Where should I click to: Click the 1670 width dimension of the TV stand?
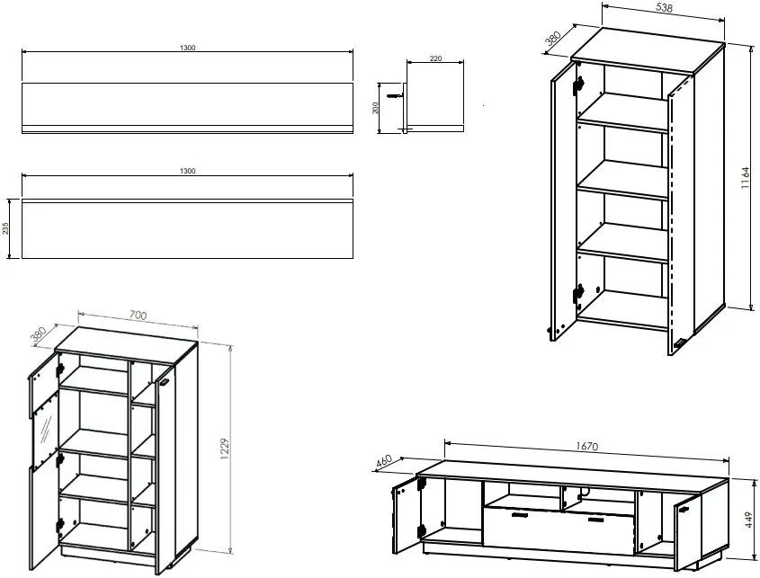587,446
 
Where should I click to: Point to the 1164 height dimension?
746,178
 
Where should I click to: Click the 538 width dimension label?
665,8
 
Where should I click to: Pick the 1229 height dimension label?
224,449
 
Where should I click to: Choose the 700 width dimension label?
139,316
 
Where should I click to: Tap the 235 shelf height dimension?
5,228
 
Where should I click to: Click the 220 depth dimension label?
435,58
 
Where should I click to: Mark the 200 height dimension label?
375,108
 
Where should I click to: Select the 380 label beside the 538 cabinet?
553,38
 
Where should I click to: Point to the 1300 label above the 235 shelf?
188,171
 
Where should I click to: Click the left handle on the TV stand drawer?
519,516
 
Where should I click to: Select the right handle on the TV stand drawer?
595,520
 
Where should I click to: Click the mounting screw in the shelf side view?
395,96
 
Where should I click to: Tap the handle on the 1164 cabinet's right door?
680,343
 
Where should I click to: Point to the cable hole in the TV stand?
584,493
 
